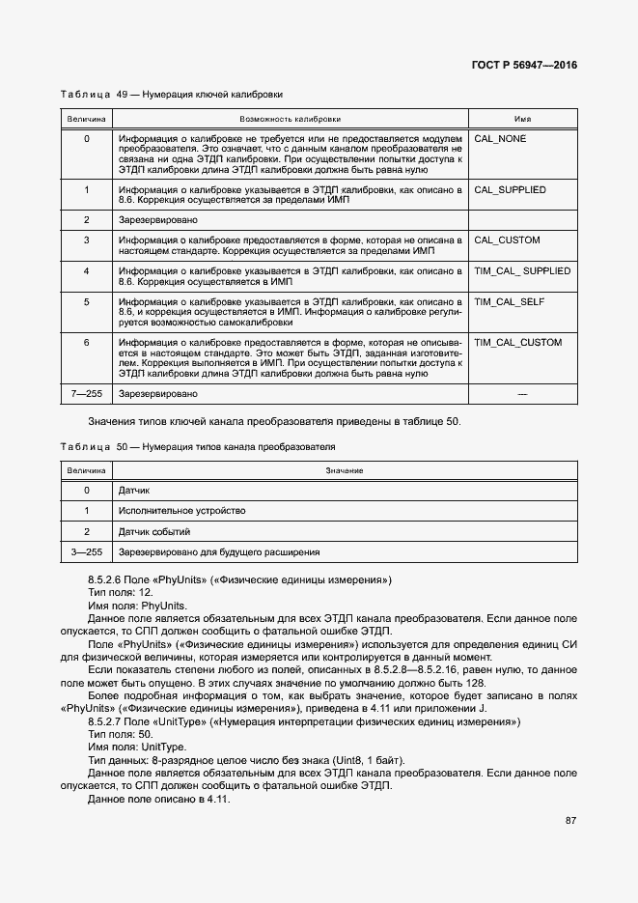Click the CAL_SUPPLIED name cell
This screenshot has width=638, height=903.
[x=510, y=190]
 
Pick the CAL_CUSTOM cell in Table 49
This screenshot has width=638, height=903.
[x=507, y=240]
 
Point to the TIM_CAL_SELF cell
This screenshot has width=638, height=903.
[x=510, y=302]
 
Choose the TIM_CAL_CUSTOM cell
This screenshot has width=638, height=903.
[x=517, y=343]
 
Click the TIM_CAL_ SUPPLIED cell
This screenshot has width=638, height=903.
[x=522, y=271]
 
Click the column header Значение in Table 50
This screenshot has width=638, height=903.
[x=344, y=469]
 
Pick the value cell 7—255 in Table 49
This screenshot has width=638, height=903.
[x=86, y=395]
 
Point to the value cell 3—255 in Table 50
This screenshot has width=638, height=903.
[x=86, y=552]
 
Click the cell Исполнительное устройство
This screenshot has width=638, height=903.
[x=181, y=511]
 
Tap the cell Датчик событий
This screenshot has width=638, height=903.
[x=153, y=532]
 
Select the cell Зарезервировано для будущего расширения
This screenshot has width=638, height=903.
[x=218, y=552]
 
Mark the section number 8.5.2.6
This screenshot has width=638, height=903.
[x=107, y=579]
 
